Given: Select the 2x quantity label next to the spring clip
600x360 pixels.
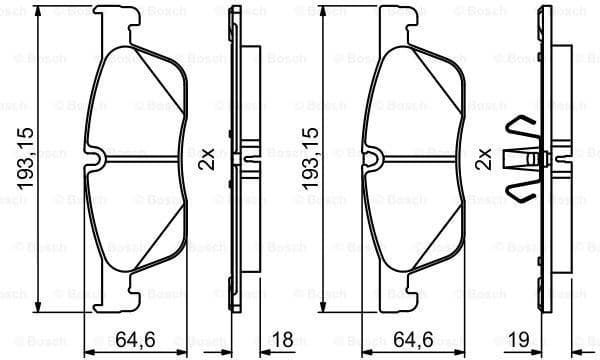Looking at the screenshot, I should (485, 158).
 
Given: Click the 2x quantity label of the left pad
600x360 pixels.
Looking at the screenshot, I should (206, 158).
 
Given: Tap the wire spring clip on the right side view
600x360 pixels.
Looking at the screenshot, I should (527, 158).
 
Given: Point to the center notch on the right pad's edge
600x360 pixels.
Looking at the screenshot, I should (374, 158).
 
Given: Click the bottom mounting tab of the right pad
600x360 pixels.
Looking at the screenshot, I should (405, 296).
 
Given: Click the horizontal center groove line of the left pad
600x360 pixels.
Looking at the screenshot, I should (140, 159).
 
